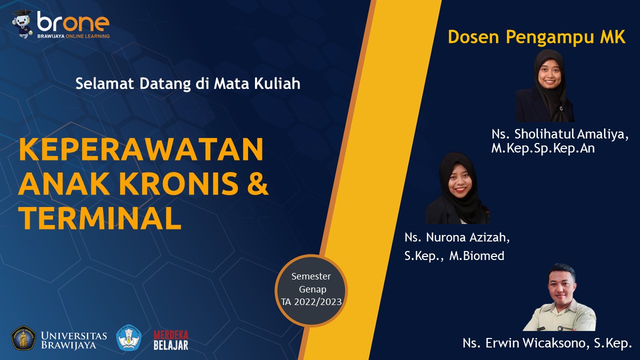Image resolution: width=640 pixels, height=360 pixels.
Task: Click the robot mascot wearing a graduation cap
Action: [x=23, y=24]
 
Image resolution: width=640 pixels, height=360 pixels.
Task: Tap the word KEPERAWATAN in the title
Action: [x=141, y=149]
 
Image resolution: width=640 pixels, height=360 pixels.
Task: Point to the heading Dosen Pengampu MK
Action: [x=536, y=37]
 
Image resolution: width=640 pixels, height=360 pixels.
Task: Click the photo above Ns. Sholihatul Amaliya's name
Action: [x=545, y=85]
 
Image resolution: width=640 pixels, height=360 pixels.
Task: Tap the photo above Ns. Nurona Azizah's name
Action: [x=457, y=188]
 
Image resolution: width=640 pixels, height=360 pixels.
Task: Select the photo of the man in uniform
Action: [x=559, y=297]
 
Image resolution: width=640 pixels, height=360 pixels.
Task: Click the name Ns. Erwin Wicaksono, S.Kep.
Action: [x=547, y=343]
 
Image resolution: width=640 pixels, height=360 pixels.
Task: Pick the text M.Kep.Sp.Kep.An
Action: [x=543, y=148]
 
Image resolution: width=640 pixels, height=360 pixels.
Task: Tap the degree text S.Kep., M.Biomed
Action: [x=454, y=256]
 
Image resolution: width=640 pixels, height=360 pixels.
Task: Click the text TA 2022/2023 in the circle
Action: [x=311, y=302]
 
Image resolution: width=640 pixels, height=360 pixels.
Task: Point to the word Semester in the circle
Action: [x=311, y=276]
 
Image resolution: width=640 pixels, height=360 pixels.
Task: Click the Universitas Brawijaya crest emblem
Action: [x=23, y=338]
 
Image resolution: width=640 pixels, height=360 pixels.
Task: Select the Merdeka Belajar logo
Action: [x=171, y=340]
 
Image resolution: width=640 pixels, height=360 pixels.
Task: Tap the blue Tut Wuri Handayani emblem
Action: [x=129, y=337]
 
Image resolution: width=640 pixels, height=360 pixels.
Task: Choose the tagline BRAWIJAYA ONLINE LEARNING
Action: [x=73, y=36]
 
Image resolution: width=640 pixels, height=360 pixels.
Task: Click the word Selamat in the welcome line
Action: [x=104, y=84]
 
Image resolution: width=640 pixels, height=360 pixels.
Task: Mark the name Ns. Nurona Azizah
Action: [x=457, y=237]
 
